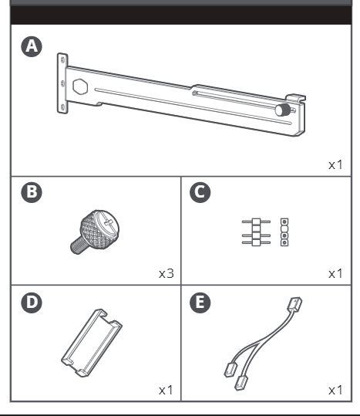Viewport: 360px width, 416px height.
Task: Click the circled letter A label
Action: tap(32, 46)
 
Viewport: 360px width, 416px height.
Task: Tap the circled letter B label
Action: tap(32, 192)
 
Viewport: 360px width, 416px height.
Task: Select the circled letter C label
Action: tap(200, 192)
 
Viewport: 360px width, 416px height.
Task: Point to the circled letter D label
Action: tap(32, 303)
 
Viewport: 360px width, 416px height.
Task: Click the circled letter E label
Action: tap(200, 303)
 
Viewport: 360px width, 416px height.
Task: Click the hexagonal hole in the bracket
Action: tap(80, 86)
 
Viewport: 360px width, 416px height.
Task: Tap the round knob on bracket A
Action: tap(283, 110)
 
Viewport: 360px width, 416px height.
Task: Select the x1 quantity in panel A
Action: tap(335, 165)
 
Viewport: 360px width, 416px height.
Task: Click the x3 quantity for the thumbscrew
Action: tap(167, 273)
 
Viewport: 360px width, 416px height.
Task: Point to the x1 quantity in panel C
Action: tap(335, 273)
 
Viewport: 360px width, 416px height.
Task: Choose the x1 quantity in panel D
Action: tap(166, 391)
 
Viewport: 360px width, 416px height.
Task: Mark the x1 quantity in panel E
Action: tap(335, 391)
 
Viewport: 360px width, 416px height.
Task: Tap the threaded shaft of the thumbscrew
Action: tap(78, 245)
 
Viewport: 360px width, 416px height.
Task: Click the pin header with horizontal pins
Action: tap(256, 232)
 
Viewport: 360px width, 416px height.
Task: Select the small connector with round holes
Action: tap(284, 232)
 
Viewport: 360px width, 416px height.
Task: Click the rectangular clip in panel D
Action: tap(92, 343)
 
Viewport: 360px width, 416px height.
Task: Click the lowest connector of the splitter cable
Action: tap(241, 383)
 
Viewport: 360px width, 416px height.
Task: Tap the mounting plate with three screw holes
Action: tap(62, 83)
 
